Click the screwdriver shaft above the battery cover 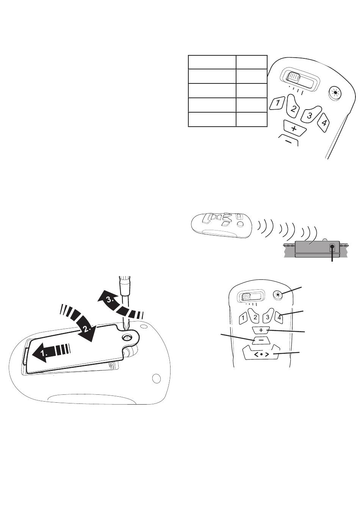(x=125, y=302)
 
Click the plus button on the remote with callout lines (x=261, y=330)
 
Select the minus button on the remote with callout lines (x=261, y=340)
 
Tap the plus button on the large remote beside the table (x=294, y=128)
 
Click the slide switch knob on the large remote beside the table (x=294, y=77)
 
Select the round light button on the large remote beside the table (x=335, y=93)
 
